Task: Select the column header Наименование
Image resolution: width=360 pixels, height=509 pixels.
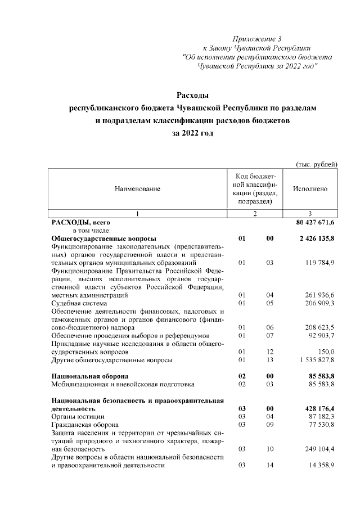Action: click(137, 190)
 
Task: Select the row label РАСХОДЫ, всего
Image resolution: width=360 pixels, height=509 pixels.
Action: click(76, 223)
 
